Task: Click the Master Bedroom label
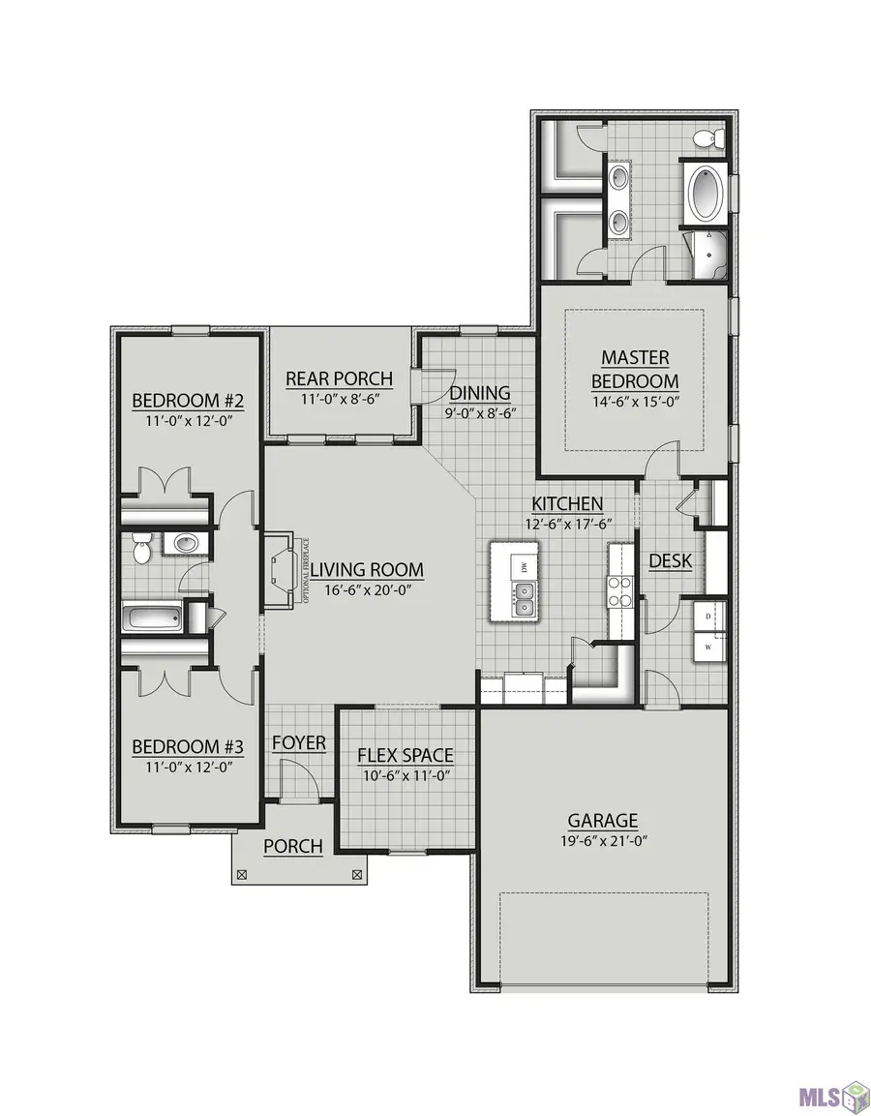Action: [635, 369]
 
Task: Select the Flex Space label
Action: [405, 756]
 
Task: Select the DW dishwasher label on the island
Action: [524, 565]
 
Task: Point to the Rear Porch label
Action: [339, 378]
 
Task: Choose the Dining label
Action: [480, 393]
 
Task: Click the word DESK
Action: [670, 560]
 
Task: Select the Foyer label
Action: [298, 742]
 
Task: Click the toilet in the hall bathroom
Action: [141, 549]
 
